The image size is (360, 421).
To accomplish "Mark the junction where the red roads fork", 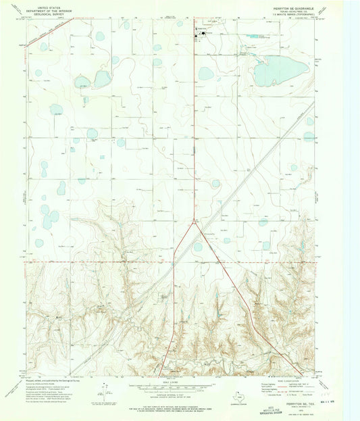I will pyautogui.click(x=196, y=223).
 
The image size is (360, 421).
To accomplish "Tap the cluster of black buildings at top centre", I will pyautogui.click(x=199, y=32).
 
